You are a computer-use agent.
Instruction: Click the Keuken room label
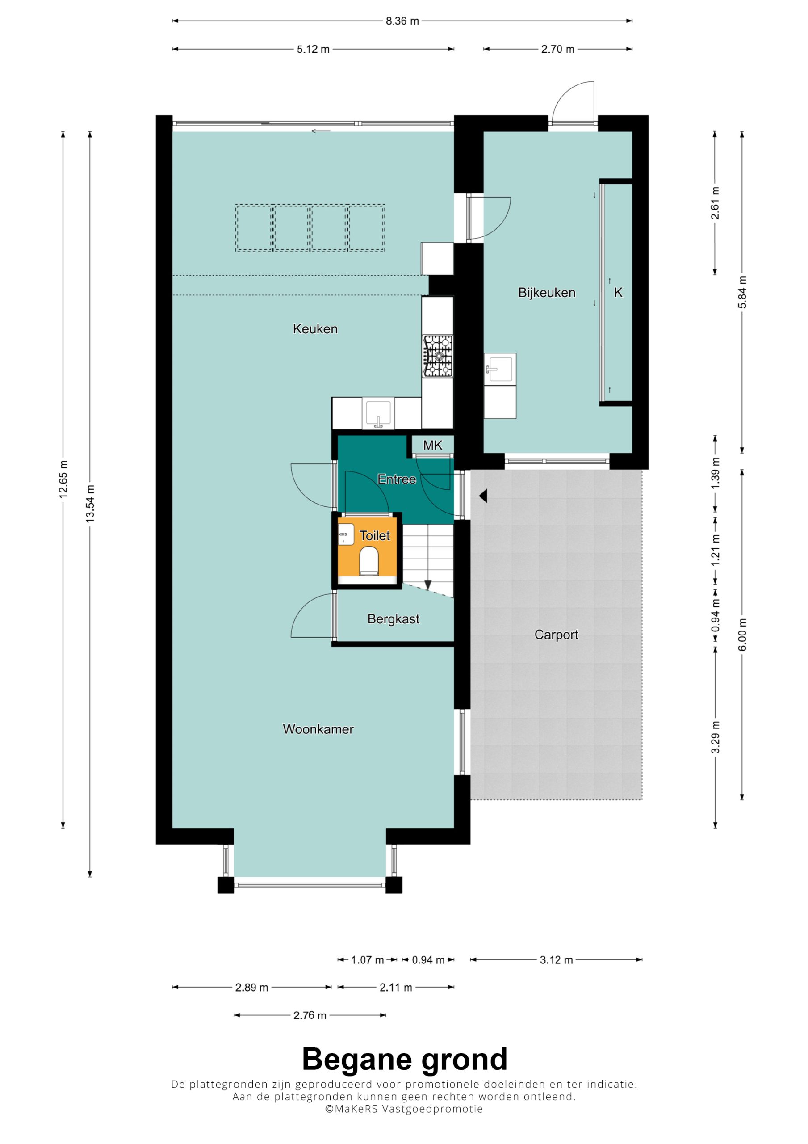pyautogui.click(x=315, y=329)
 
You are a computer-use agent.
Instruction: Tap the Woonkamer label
pyautogui.click(x=318, y=729)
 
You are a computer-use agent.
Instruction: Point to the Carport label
pyautogui.click(x=556, y=634)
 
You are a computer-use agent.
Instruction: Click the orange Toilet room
pyautogui.click(x=368, y=550)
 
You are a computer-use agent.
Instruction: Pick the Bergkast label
pyautogui.click(x=393, y=619)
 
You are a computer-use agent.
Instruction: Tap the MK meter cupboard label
pyautogui.click(x=432, y=445)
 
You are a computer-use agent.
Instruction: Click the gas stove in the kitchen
pyautogui.click(x=438, y=356)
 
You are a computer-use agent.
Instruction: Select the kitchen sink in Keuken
pyautogui.click(x=378, y=413)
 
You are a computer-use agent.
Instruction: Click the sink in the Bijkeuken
pyautogui.click(x=500, y=369)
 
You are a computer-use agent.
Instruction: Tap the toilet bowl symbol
pyautogui.click(x=369, y=560)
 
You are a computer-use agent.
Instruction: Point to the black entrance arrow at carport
pyautogui.click(x=483, y=496)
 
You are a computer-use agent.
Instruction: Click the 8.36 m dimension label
pyautogui.click(x=402, y=21)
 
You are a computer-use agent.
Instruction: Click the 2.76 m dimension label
pyautogui.click(x=310, y=1015)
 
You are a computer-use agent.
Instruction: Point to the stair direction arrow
pyautogui.click(x=427, y=584)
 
